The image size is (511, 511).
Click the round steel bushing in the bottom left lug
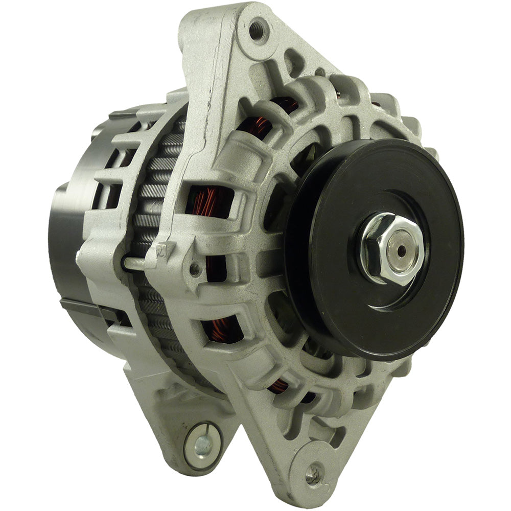click(202, 445)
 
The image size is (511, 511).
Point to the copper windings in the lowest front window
click(278, 386)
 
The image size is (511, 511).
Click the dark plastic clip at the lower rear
click(82, 309)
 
